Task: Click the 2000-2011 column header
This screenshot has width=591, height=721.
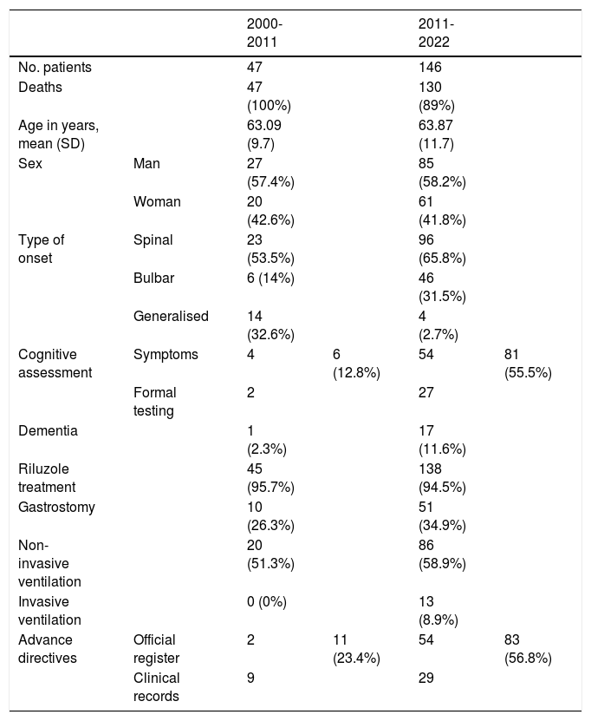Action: point(264,33)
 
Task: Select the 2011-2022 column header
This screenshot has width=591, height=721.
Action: point(436,33)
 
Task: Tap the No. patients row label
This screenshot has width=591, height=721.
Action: point(55,67)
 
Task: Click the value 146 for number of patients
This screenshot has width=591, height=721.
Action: point(430,67)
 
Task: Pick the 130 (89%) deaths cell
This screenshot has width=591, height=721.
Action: point(436,96)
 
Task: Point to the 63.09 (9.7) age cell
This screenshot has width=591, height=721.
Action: point(264,134)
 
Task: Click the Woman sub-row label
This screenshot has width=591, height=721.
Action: point(157,201)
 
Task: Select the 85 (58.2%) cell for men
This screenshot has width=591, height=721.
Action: point(442,173)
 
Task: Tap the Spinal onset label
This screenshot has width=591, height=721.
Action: point(153,240)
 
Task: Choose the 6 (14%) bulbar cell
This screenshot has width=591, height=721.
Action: point(270,279)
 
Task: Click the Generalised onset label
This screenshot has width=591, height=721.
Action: point(171,316)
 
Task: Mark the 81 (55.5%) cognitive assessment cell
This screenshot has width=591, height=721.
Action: point(528,364)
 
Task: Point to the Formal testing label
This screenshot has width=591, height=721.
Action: point(155,402)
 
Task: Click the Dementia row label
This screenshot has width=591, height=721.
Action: point(48,431)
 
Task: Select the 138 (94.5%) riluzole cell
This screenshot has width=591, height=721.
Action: point(442,478)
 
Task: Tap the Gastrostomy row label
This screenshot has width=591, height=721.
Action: point(56,508)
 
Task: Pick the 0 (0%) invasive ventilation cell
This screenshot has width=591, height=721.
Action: point(266,601)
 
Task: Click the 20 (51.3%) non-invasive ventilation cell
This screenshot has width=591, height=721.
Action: point(270,554)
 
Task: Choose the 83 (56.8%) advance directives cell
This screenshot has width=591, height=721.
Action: point(528,649)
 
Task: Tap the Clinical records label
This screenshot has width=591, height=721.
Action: point(157,687)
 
